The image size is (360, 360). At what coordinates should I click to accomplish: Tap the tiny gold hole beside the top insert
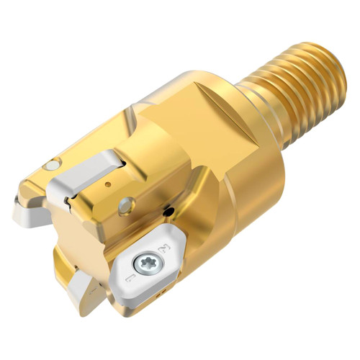click(x=108, y=185)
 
